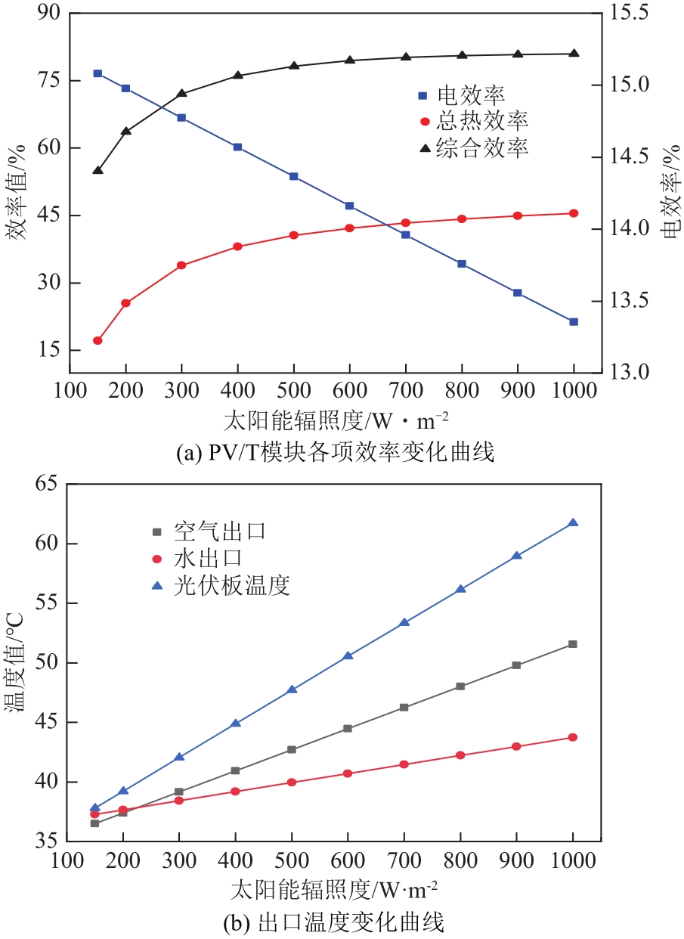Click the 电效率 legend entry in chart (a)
[x=472, y=96]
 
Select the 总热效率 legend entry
[x=484, y=121]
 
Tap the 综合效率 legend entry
[x=484, y=147]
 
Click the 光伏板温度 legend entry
[x=231, y=585]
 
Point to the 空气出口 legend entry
[x=219, y=531]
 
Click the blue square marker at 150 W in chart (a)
[x=97, y=73]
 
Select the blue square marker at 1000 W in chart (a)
[x=574, y=322]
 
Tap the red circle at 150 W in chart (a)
[x=97, y=341]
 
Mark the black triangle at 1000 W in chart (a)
[x=574, y=54]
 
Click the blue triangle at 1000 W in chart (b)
[x=573, y=523]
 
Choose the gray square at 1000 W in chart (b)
[x=573, y=644]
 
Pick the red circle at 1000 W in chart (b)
[x=573, y=737]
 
